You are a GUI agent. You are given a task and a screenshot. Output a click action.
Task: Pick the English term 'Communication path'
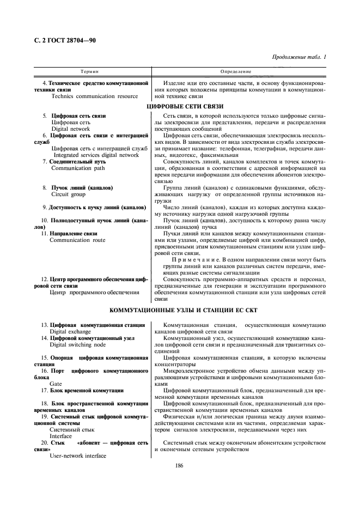pyautogui.click(x=78, y=168)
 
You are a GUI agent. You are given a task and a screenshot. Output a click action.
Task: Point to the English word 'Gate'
pyautogui.click(x=56, y=384)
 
